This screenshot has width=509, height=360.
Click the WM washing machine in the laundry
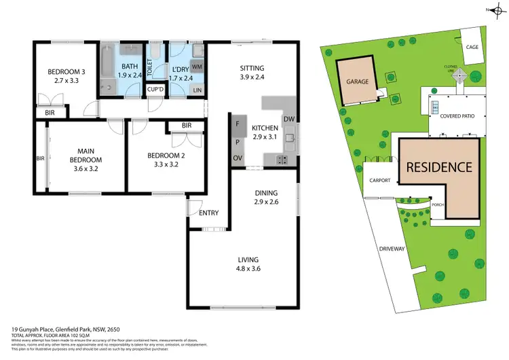(x=197, y=67)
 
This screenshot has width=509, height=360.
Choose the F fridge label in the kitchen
(x=238, y=124)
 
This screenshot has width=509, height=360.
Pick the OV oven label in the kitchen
(x=238, y=159)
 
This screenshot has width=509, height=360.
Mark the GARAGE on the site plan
(x=358, y=82)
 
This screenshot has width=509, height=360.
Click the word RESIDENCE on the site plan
(x=438, y=166)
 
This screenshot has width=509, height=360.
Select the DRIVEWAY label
(x=392, y=249)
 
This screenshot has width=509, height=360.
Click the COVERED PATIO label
(x=458, y=116)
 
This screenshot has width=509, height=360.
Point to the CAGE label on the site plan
(x=472, y=46)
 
